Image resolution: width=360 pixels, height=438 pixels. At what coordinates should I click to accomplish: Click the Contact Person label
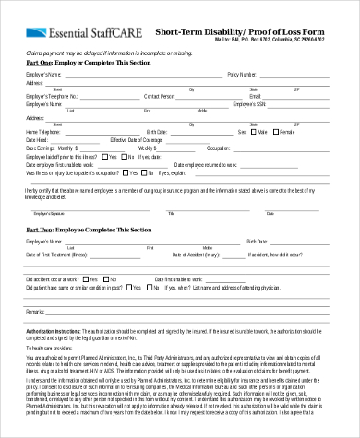click(159, 95)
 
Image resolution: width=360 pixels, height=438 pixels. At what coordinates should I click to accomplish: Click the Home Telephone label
click(44, 131)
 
